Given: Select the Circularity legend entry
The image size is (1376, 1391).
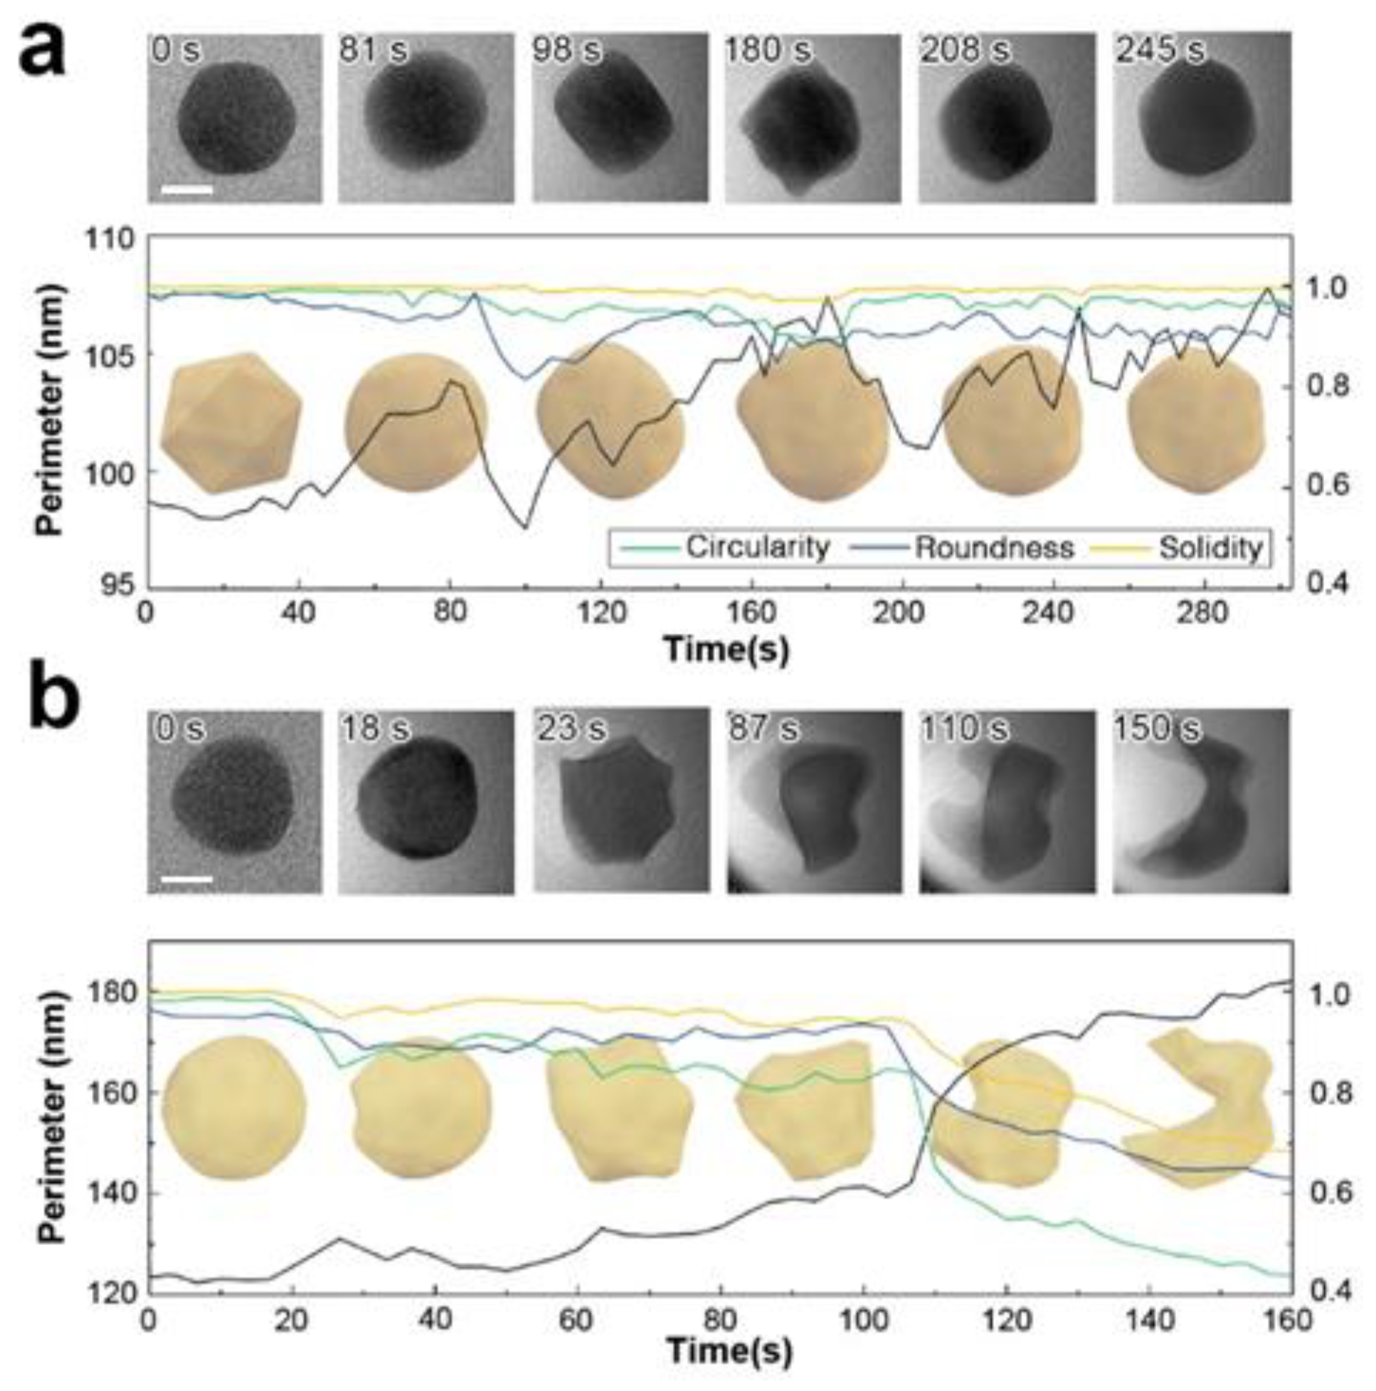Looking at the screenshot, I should tap(756, 548).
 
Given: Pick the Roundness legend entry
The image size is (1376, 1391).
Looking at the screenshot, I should tap(994, 548).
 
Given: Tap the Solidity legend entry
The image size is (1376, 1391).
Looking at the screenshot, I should tap(1210, 548).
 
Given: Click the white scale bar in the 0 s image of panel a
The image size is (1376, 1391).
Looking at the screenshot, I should tap(187, 189).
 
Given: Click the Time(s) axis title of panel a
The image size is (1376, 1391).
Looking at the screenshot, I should tap(726, 649).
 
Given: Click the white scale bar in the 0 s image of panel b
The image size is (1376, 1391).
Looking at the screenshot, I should tap(187, 879).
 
